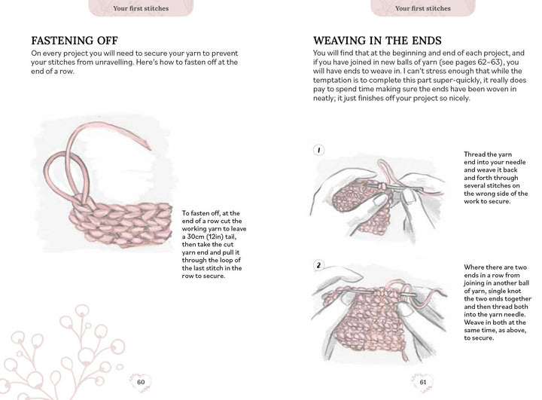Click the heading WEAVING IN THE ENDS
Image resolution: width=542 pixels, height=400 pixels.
[377, 41]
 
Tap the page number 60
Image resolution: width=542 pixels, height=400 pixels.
[140, 380]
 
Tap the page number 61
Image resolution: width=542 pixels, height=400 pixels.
[422, 380]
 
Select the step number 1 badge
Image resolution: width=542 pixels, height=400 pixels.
[319, 151]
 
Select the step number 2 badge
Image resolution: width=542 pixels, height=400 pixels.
[319, 266]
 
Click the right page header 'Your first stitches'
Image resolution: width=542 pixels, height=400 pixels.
[422, 8]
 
